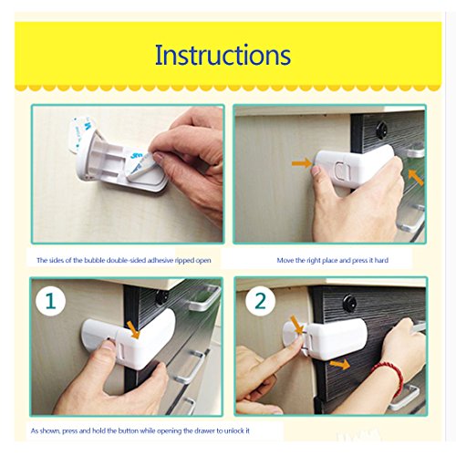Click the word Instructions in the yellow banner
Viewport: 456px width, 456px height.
[223, 55]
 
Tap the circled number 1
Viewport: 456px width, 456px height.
[50, 301]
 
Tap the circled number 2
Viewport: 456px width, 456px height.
[261, 301]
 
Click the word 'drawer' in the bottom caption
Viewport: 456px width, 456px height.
[203, 430]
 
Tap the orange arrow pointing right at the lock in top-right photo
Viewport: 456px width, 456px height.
[302, 163]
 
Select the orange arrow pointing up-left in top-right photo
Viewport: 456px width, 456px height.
[416, 177]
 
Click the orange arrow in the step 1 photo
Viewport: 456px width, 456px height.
[133, 330]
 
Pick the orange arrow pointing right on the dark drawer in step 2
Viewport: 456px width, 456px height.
[339, 364]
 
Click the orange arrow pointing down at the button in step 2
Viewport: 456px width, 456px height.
[297, 325]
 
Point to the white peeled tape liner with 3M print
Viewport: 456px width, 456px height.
[80, 133]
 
